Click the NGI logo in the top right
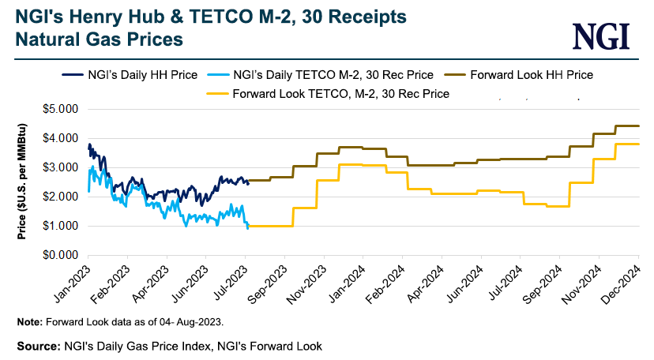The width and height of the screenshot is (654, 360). point(602,35)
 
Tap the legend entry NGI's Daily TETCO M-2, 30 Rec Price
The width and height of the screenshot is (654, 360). point(333,75)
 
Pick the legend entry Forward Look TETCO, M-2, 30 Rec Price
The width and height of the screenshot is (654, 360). point(340,93)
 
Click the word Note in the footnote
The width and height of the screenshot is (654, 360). point(28,321)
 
